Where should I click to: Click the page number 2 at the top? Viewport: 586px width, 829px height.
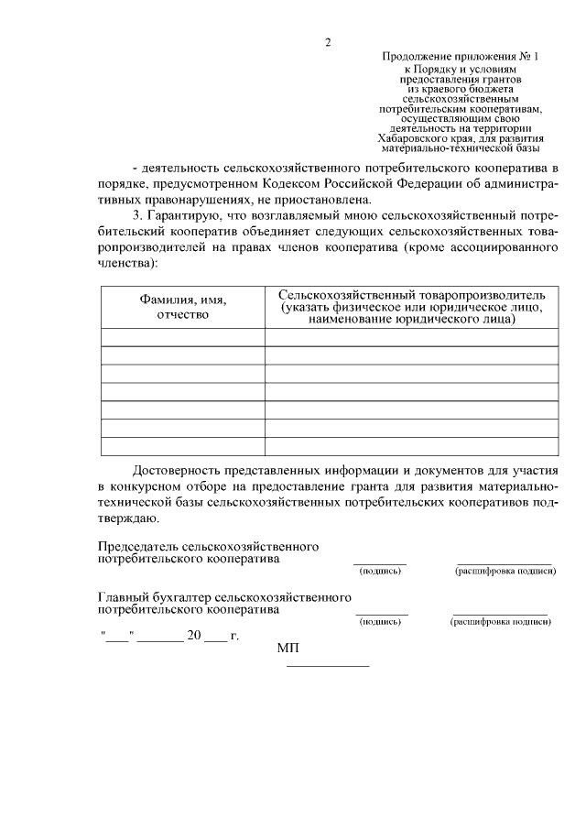pyautogui.click(x=328, y=42)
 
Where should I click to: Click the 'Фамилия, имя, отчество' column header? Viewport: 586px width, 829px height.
pyautogui.click(x=182, y=307)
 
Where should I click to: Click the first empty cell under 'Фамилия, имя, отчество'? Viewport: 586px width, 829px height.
pyautogui.click(x=182, y=337)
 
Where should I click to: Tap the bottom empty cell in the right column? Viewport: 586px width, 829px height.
pyautogui.click(x=411, y=446)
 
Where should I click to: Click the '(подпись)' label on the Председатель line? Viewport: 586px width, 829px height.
pyautogui.click(x=380, y=571)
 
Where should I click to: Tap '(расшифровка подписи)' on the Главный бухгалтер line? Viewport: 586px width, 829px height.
pyautogui.click(x=500, y=621)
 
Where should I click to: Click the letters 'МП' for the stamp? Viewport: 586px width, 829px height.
pyautogui.click(x=288, y=649)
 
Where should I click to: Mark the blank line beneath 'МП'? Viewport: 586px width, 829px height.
pyautogui.click(x=329, y=666)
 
